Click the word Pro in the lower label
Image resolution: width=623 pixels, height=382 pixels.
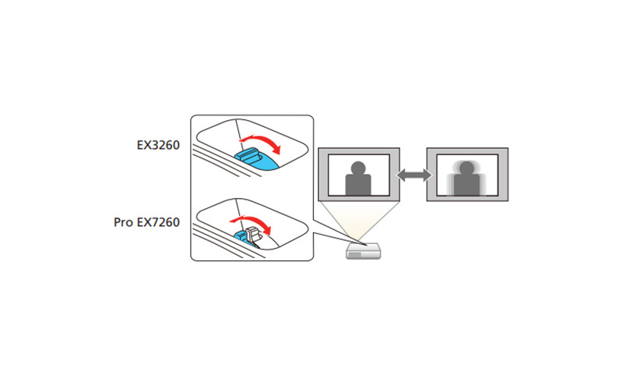(125, 223)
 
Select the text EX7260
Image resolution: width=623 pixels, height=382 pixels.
(160, 223)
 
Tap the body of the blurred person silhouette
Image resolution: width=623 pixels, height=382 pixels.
(465, 187)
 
